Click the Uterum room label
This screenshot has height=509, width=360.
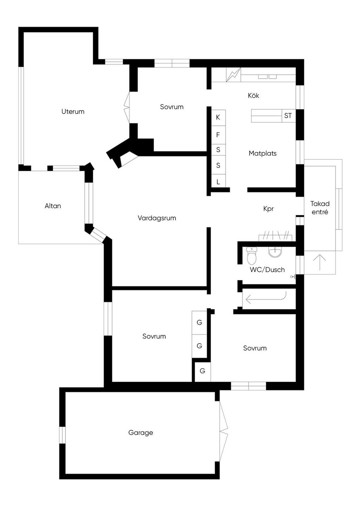pyautogui.click(x=73, y=112)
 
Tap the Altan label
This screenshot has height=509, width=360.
pyautogui.click(x=53, y=206)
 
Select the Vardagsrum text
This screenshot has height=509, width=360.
pyautogui.click(x=157, y=218)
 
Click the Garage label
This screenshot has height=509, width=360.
pyautogui.click(x=141, y=433)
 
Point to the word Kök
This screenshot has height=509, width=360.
pyautogui.click(x=253, y=96)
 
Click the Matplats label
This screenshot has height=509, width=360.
pyautogui.click(x=263, y=154)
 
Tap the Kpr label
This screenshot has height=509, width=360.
pyautogui.click(x=269, y=209)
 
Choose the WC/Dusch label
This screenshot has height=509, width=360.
pyautogui.click(x=267, y=270)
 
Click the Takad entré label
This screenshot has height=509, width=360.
pyautogui.click(x=320, y=208)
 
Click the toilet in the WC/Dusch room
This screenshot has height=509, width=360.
pyautogui.click(x=252, y=256)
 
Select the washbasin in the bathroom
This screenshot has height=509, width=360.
pyautogui.click(x=275, y=252)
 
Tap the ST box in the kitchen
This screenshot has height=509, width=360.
pyautogui.click(x=288, y=116)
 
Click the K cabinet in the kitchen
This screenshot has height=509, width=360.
pyautogui.click(x=218, y=118)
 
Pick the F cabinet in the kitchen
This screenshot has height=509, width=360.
pyautogui.click(x=218, y=135)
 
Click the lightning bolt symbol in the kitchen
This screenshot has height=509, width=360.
pyautogui.click(x=233, y=75)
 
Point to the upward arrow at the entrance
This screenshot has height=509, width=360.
pyautogui.click(x=320, y=262)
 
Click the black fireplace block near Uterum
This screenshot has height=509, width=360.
pyautogui.click(x=131, y=150)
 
